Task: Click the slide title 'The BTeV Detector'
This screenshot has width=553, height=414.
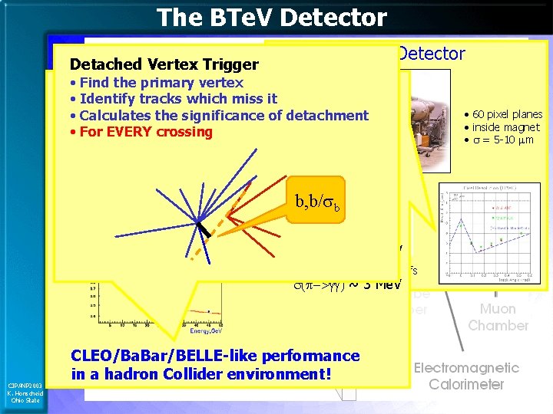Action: pos(271,17)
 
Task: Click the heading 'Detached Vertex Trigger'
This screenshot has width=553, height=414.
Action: pos(164,65)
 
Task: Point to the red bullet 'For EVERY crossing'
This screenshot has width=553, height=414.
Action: pos(145,132)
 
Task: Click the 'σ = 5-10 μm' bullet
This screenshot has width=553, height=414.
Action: pos(502,140)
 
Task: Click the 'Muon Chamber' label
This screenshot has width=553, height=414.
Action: pos(498,317)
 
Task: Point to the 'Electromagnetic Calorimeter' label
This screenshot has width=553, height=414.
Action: pos(466,376)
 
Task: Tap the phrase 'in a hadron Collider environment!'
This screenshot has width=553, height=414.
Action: pos(202,375)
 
